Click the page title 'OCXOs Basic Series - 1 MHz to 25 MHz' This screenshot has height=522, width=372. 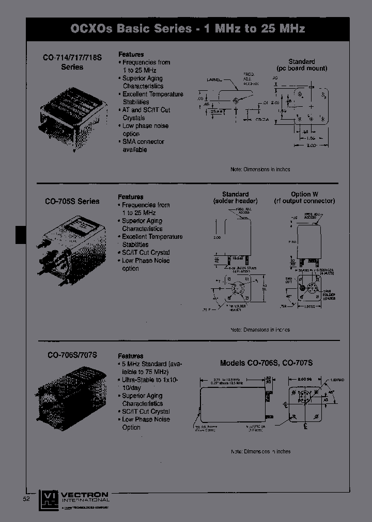[188, 28]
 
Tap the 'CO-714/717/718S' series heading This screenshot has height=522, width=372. [72, 63]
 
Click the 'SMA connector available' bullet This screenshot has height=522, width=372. [135, 145]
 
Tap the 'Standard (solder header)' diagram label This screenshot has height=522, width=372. [235, 198]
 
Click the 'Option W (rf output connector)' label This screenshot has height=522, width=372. [304, 198]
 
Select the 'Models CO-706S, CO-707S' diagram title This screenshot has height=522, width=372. [266, 363]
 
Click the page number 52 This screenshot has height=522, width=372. [26, 499]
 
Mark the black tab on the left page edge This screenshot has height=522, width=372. [20, 235]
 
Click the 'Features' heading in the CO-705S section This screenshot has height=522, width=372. [131, 197]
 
